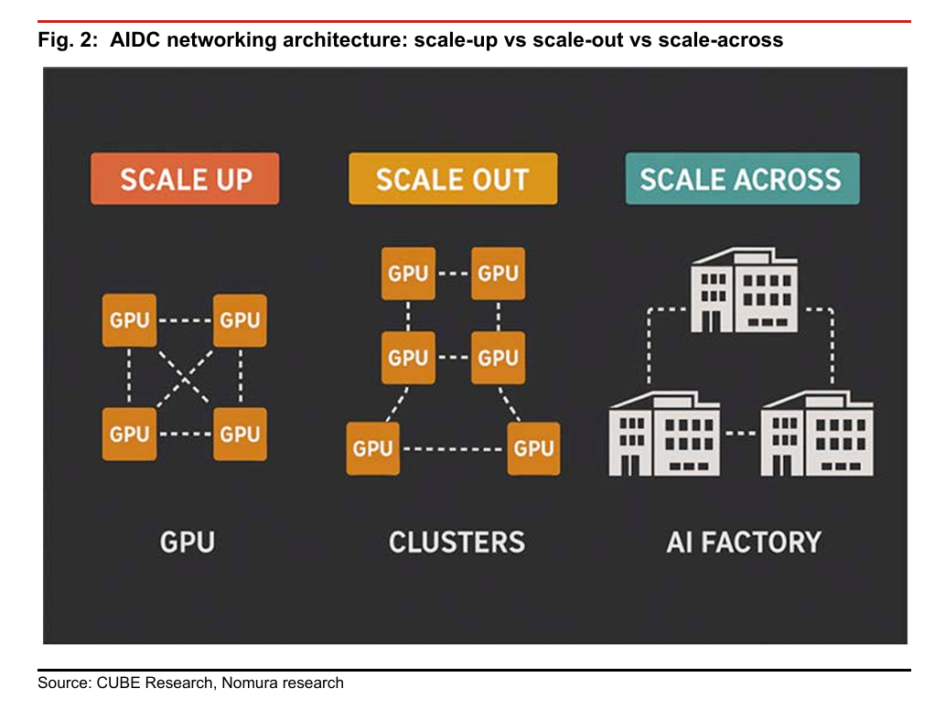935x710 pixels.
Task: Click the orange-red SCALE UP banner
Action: coord(185,178)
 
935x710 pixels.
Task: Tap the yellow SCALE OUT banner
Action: coord(453,178)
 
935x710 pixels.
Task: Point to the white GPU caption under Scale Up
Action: coord(187,542)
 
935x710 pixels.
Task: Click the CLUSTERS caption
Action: coord(457,542)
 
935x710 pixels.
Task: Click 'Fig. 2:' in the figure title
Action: coord(69,41)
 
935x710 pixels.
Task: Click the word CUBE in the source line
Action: coord(112,683)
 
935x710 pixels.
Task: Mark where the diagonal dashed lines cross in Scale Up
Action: coord(185,376)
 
